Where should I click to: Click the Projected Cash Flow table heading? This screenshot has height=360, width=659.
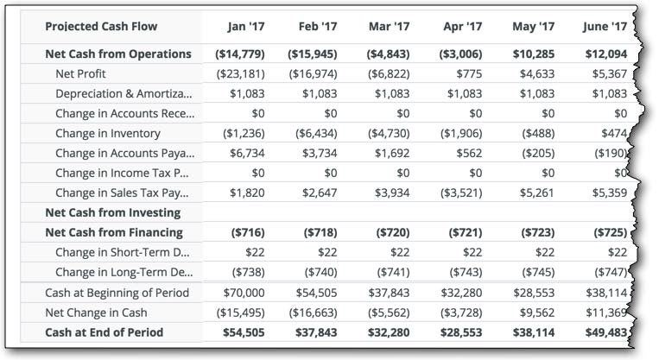(101, 27)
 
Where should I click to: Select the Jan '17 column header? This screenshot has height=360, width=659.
(246, 27)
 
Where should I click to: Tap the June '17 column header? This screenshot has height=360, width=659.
(605, 27)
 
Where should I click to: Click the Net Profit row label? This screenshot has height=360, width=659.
(80, 74)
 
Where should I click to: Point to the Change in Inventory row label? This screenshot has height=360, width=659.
(108, 134)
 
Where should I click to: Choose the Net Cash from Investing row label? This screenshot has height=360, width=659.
(113, 213)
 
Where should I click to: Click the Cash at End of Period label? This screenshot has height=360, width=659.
(105, 332)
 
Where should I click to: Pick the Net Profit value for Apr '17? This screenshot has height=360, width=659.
(470, 74)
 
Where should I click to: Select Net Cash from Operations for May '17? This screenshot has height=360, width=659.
(534, 54)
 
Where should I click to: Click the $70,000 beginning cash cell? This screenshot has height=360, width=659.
(244, 293)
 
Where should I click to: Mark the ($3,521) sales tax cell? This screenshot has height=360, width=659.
(461, 193)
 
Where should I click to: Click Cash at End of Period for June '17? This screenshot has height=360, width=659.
(606, 332)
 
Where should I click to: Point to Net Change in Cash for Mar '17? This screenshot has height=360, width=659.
(389, 313)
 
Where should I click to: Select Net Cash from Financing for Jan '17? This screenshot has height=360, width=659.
(248, 233)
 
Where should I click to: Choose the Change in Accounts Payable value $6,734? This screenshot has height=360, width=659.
(247, 154)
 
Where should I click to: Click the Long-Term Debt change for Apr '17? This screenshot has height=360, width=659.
(466, 273)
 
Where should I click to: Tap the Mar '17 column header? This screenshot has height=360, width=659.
(390, 27)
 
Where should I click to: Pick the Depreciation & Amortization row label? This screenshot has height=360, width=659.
(124, 94)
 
